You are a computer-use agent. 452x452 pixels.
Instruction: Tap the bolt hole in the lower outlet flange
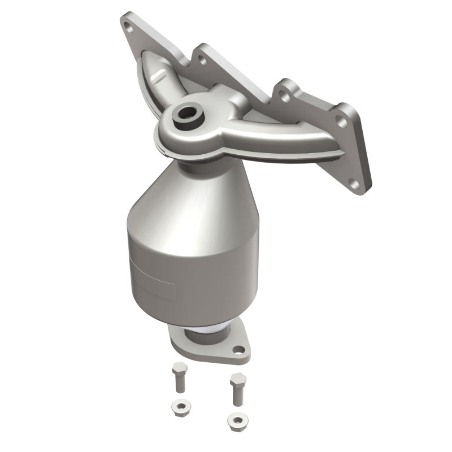tap(239, 350)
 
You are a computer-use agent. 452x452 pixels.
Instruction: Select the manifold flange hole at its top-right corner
tap(341, 120)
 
